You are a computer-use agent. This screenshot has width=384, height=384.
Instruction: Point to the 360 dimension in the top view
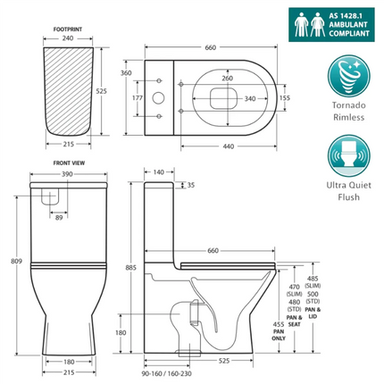[126, 72]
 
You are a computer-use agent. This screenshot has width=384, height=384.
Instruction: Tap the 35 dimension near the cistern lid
[190, 186]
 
